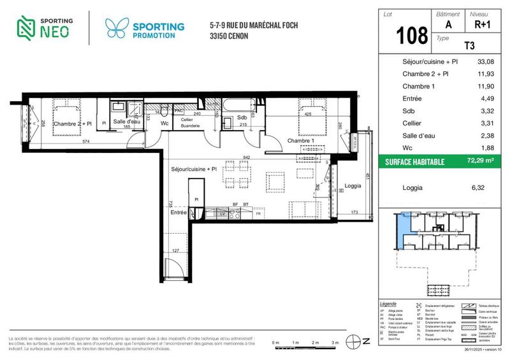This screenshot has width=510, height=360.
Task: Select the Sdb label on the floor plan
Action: point(242,118)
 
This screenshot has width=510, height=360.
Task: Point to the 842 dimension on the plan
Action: point(247,157)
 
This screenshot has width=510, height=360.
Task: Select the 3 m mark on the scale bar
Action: point(335,343)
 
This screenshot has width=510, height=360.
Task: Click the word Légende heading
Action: point(388,303)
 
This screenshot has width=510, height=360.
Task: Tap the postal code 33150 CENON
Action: point(230,36)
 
